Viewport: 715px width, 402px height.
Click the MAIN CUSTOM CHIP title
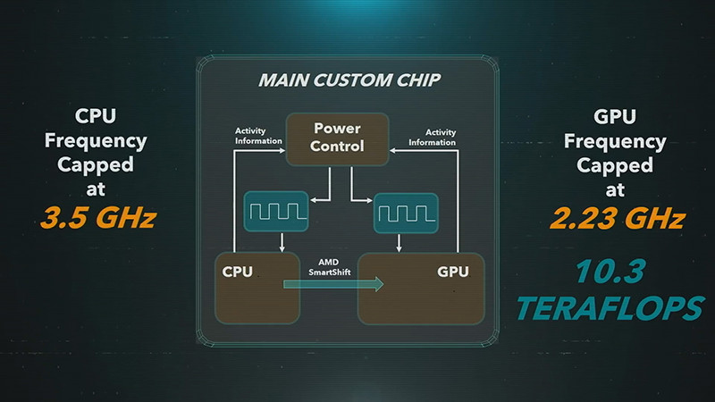click(349, 80)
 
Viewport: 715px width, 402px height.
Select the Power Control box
click(336, 138)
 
